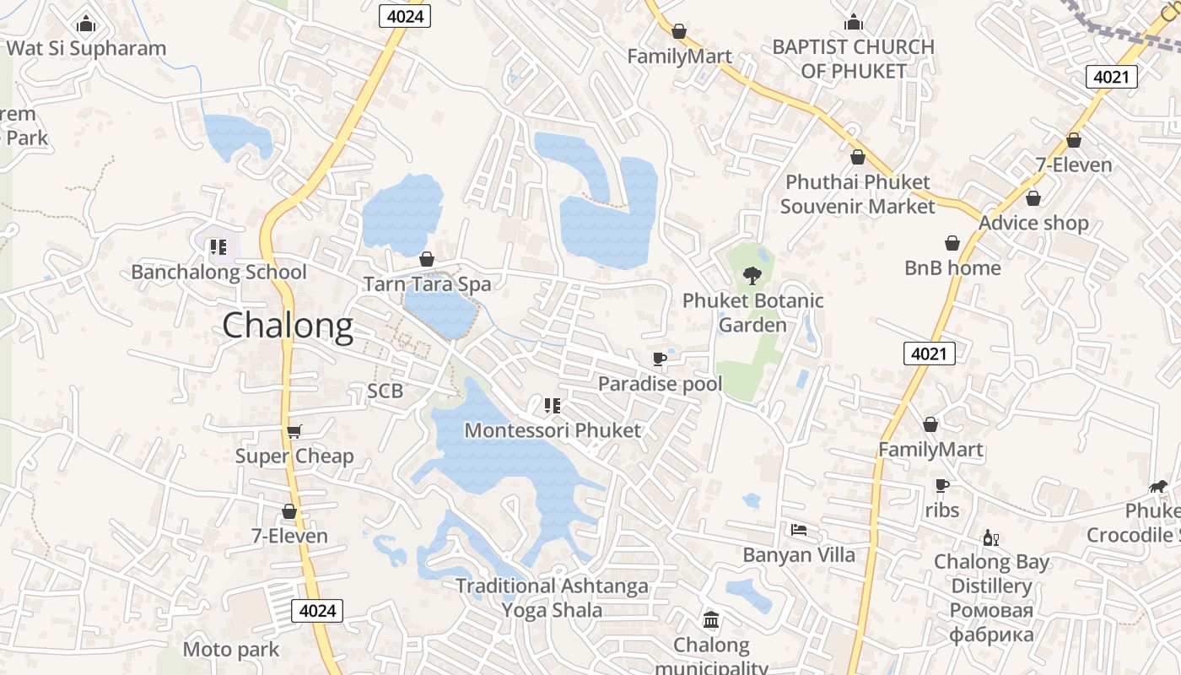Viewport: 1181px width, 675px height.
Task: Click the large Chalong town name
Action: pyautogui.click(x=288, y=327)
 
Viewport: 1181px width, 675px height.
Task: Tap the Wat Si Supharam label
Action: pyautogui.click(x=86, y=48)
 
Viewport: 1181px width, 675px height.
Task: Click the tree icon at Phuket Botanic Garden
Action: pyautogui.click(x=752, y=275)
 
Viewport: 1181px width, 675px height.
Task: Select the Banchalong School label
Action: pyautogui.click(x=218, y=272)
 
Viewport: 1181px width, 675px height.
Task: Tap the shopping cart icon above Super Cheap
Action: pyautogui.click(x=294, y=431)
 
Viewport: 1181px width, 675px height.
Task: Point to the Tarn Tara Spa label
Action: pyautogui.click(x=427, y=284)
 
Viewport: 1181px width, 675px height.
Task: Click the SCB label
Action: pyautogui.click(x=385, y=391)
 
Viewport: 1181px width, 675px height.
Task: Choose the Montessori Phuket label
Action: pyautogui.click(x=553, y=429)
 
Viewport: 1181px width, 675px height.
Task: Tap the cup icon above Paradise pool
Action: pyautogui.click(x=660, y=359)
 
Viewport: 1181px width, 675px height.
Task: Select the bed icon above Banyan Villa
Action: pyautogui.click(x=799, y=530)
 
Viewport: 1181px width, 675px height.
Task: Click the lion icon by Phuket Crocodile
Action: pyautogui.click(x=1158, y=486)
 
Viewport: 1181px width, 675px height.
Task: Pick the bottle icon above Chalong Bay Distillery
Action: pyautogui.click(x=990, y=537)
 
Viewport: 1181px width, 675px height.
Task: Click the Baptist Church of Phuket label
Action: pyautogui.click(x=853, y=59)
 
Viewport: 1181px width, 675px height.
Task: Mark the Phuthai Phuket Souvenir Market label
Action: pyautogui.click(x=857, y=194)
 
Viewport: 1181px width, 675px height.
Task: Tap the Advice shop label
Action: pyautogui.click(x=1033, y=223)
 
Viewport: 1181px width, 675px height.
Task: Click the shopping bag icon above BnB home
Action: pyautogui.click(x=952, y=243)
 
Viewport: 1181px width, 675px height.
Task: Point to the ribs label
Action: pyautogui.click(x=941, y=510)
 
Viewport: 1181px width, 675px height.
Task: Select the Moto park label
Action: pyautogui.click(x=230, y=650)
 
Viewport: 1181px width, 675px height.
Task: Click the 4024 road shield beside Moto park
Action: pyautogui.click(x=317, y=610)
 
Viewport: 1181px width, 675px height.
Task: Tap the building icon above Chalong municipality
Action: pyautogui.click(x=711, y=621)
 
